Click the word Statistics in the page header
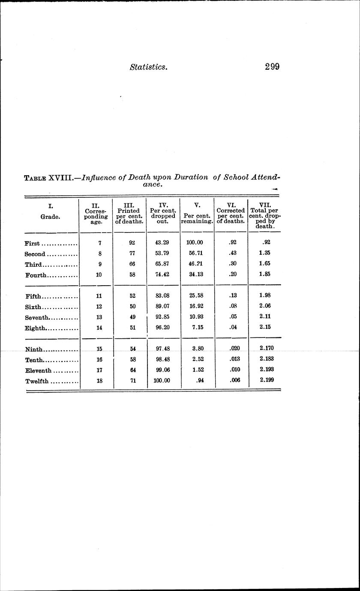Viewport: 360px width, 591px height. pos(148,67)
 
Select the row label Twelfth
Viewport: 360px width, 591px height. pos(37,381)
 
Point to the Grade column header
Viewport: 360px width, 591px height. pos(51,217)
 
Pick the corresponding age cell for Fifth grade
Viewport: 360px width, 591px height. pos(99,295)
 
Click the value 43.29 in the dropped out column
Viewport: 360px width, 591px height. pos(162,242)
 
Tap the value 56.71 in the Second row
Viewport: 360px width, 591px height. pos(197,253)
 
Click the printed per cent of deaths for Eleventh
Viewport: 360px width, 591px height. pos(133,369)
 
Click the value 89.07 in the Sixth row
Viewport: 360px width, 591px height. pos(162,306)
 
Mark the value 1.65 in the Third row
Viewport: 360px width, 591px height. pos(264,264)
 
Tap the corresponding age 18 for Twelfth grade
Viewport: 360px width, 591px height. pos(99,380)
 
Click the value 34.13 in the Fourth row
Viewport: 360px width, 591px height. pos(197,275)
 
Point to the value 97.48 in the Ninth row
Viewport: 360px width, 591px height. pos(162,349)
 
